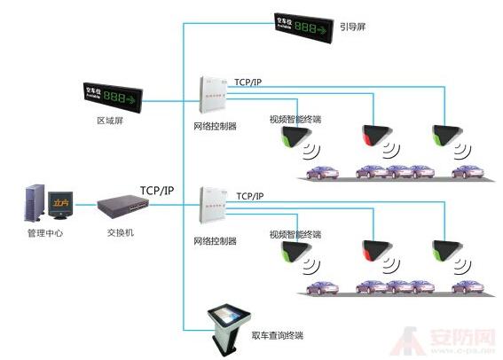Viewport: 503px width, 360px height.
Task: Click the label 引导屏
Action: coord(352,27)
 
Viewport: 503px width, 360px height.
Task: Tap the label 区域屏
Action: coord(109,119)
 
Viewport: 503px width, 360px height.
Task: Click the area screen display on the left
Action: coord(111,95)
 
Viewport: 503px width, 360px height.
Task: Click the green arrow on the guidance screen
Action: coord(327,27)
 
